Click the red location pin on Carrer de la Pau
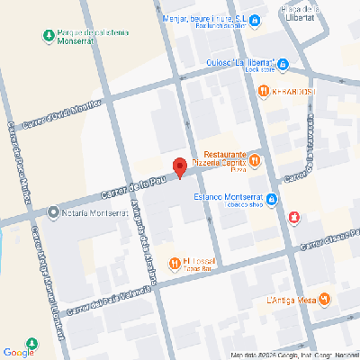pyautogui.click(x=179, y=166)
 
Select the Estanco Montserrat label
pyautogui.click(x=225, y=199)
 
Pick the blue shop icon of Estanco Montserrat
pyautogui.click(x=270, y=200)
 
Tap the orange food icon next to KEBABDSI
pyautogui.click(x=263, y=91)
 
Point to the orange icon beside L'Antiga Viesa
pyautogui.click(x=325, y=300)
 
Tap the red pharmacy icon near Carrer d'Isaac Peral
pyautogui.click(x=295, y=218)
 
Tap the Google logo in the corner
pyautogui.click(x=18, y=352)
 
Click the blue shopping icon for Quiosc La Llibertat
pyautogui.click(x=283, y=64)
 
